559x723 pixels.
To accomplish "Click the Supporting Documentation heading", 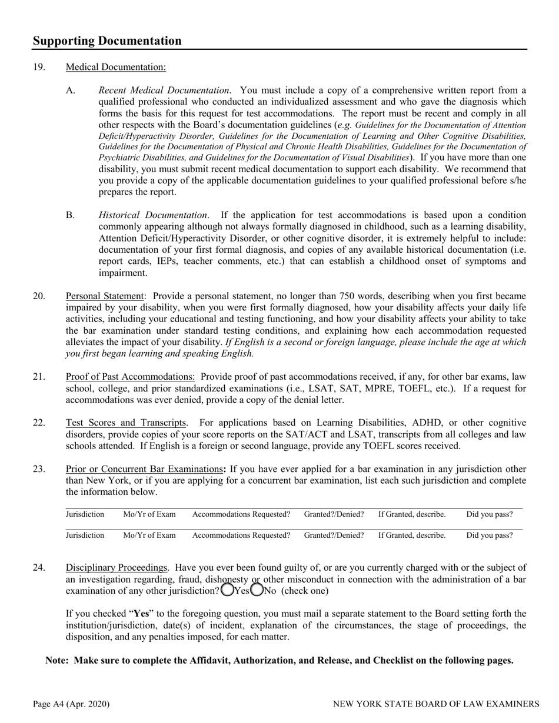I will pos(107,41).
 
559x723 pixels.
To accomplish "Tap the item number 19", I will pos(39,67).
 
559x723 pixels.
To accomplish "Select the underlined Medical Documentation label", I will pos(115,67).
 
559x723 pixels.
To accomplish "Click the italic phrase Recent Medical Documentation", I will pos(164,91).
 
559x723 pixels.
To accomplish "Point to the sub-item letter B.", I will pos(71,215).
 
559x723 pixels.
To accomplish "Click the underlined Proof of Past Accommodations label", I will pos(130,377).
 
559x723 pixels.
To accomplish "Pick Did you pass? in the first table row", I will pos(489,515).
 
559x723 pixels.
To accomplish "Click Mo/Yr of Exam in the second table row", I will pos(149,535).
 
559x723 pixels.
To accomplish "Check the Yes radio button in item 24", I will pos(227,590).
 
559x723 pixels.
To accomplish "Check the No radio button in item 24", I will pos(257,590).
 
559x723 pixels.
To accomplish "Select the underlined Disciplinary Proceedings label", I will pos(117,568).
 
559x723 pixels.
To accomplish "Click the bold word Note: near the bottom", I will pos(58,660).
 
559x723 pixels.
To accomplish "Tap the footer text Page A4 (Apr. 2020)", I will pos(71,704).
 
